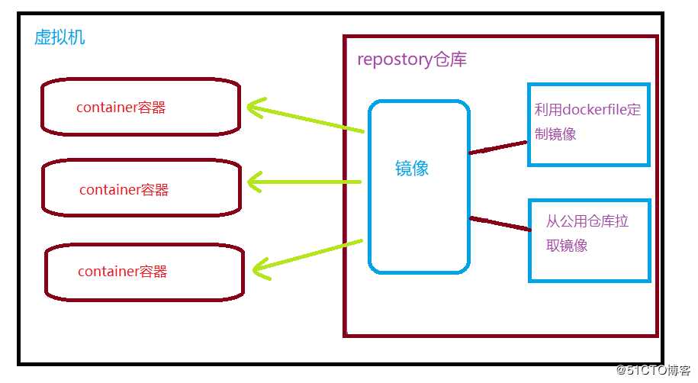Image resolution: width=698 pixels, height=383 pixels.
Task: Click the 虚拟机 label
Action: pyautogui.click(x=60, y=37)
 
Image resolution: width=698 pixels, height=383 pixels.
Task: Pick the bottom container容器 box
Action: pyautogui.click(x=144, y=272)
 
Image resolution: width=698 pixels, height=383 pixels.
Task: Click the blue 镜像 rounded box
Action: pyautogui.click(x=418, y=187)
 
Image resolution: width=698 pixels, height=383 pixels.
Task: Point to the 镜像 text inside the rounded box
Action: pyautogui.click(x=412, y=169)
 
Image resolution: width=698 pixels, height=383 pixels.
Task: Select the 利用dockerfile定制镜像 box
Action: pyautogui.click(x=588, y=124)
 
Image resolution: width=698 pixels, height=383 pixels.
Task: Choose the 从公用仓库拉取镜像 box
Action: pyautogui.click(x=589, y=240)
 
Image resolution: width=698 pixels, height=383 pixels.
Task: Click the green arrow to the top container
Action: pyautogui.click(x=305, y=118)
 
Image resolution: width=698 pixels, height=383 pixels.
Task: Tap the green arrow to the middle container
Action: pyautogui.click(x=305, y=182)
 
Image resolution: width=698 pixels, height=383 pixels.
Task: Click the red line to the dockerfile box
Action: pyautogui.click(x=497, y=146)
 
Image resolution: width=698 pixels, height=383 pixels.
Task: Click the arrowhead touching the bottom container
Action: pyautogui.click(x=261, y=266)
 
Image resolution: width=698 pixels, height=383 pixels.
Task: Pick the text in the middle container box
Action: pyautogui.click(x=124, y=189)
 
